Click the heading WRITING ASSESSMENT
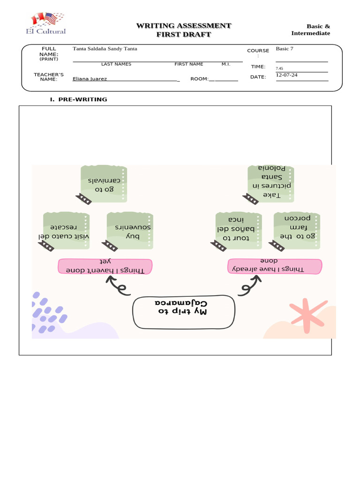click(x=183, y=26)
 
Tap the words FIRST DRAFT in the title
click(x=183, y=35)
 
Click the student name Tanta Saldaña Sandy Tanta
click(x=105, y=49)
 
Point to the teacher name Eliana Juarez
click(x=90, y=79)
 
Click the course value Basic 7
click(x=284, y=48)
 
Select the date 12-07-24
click(x=286, y=75)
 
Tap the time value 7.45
click(x=279, y=68)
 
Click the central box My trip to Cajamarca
click(x=183, y=312)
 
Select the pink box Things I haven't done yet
click(x=105, y=266)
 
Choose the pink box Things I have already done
click(x=275, y=266)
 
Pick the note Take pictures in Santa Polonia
click(x=271, y=184)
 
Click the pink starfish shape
click(x=307, y=312)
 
